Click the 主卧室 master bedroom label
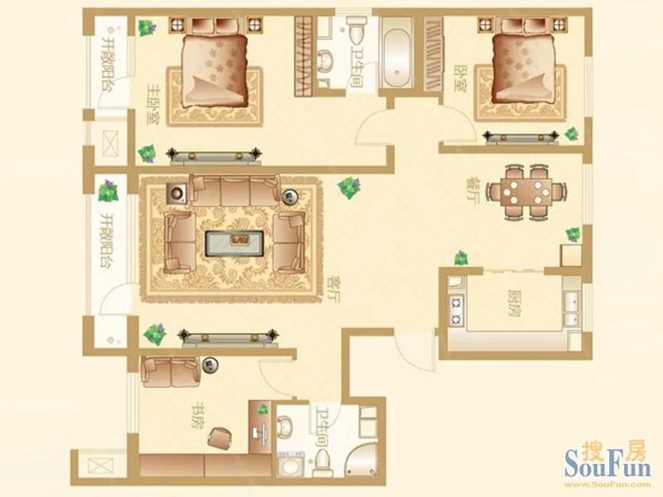152,104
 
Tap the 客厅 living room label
334,289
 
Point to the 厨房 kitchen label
515,303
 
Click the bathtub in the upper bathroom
397,52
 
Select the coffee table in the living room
235,244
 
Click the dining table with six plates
526,192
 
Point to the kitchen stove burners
457,310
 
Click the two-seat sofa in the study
171,371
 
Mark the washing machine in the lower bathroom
291,464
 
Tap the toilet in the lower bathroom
322,464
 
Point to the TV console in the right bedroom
521,138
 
